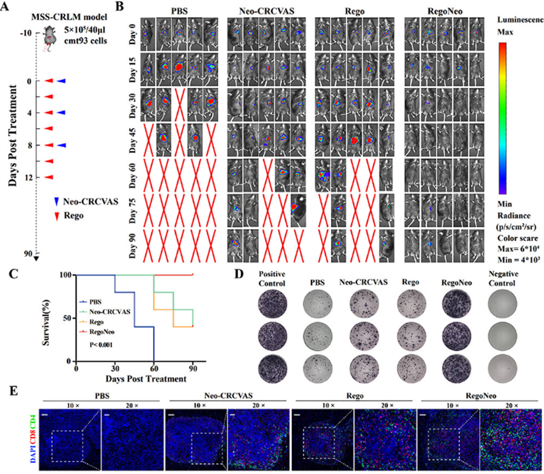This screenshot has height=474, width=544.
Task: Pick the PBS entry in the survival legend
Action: tap(93, 302)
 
